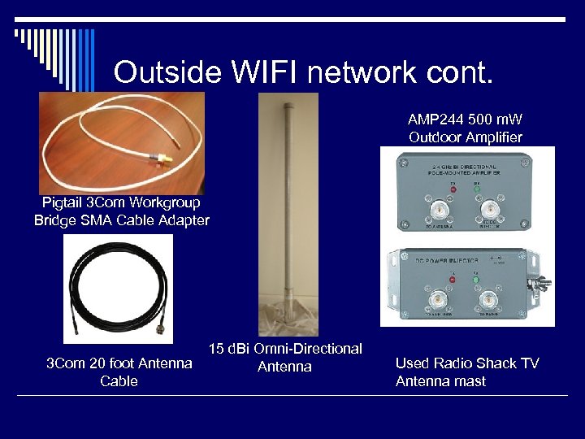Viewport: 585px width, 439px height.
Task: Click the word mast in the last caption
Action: pos(470,381)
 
